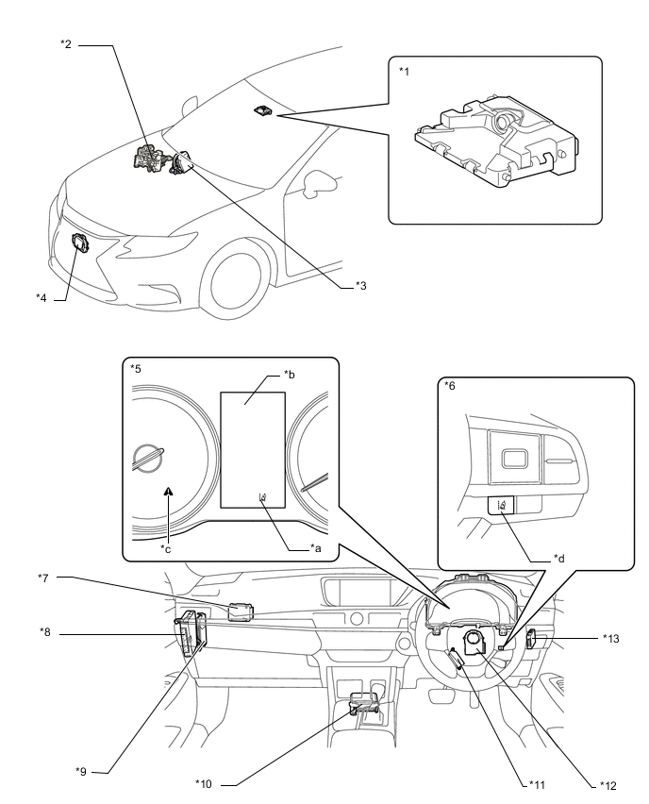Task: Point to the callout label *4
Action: click(42, 298)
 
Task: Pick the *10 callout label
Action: click(204, 782)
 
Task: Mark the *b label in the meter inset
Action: click(291, 375)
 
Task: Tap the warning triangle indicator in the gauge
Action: click(169, 490)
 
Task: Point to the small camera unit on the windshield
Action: click(261, 111)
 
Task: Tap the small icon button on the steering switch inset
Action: click(500, 506)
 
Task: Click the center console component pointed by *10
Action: click(365, 702)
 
